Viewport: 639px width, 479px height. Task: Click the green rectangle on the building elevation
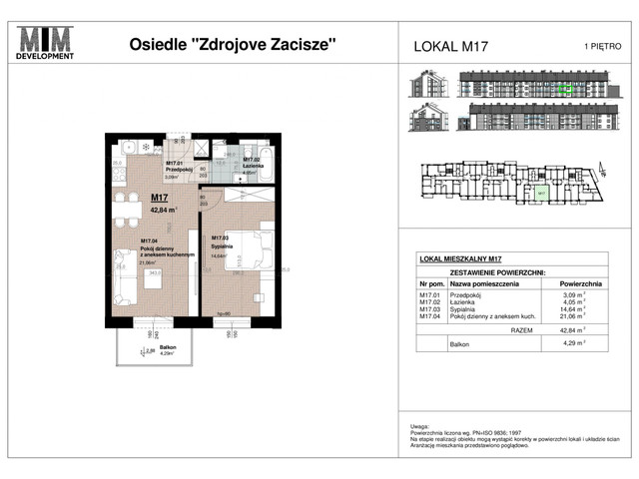click(x=565, y=89)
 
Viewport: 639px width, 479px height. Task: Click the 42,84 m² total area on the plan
click(x=164, y=211)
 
